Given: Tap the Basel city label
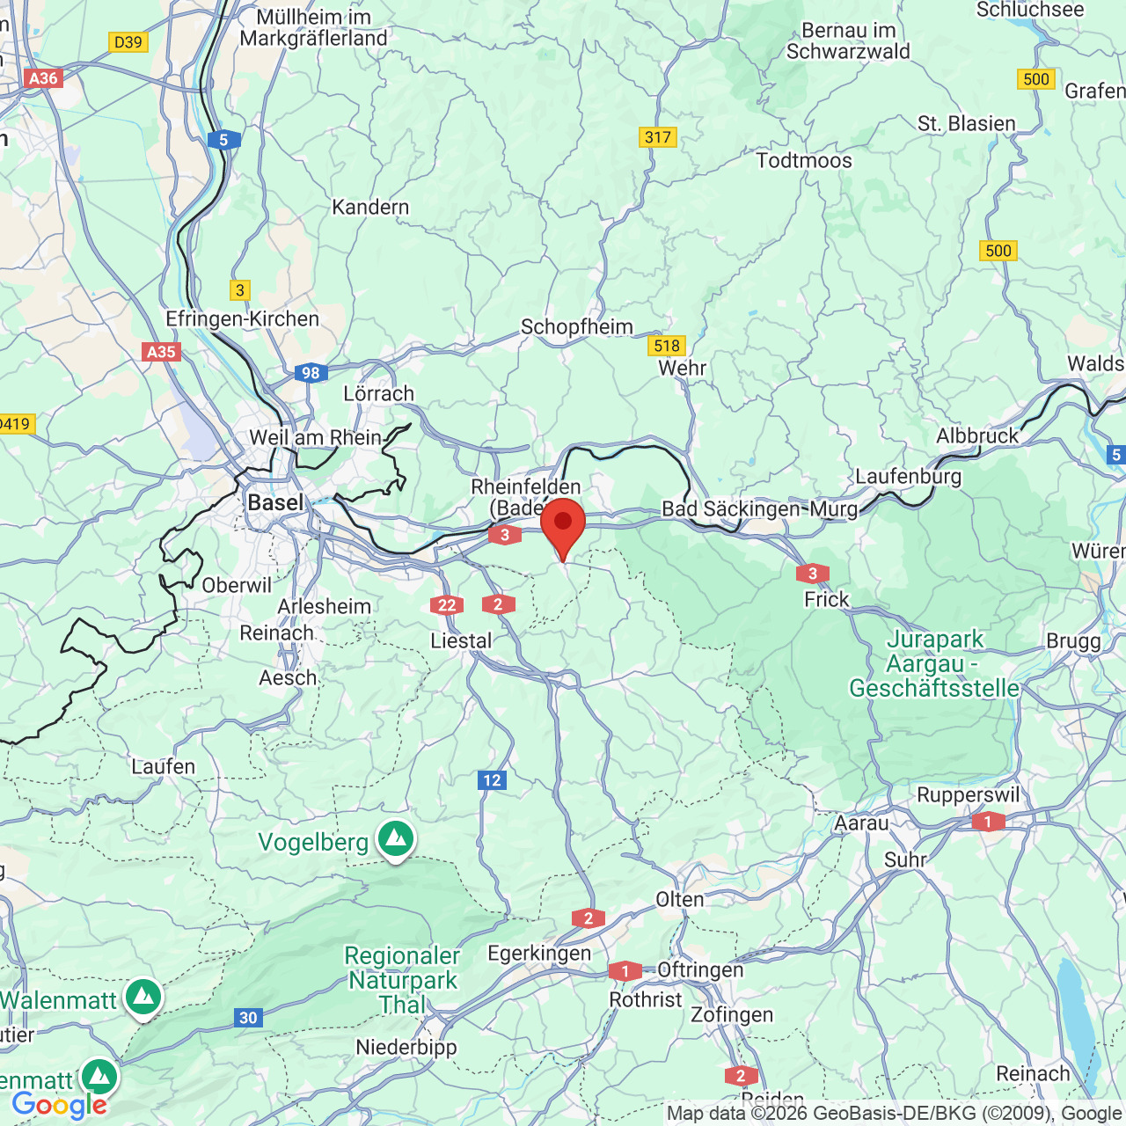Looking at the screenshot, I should (275, 502).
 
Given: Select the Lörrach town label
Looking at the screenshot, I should (378, 393).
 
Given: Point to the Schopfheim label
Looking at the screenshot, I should (576, 326).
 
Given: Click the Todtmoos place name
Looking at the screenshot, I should (804, 160).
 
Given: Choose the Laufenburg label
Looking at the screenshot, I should (908, 476).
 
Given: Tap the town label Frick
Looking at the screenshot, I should (826, 599).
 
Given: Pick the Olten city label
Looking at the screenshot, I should (679, 899).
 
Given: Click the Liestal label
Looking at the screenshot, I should (461, 640).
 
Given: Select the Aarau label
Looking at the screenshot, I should (861, 823).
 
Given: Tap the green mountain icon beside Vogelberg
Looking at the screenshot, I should (396, 839).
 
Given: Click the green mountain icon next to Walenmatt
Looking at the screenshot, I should (143, 998).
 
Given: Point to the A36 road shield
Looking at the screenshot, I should (43, 78).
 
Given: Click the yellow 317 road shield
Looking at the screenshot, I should (657, 136).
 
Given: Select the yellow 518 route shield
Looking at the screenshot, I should (667, 346).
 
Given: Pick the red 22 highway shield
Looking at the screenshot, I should (447, 604).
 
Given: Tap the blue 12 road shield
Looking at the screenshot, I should (492, 779).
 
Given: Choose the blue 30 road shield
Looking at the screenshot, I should (248, 1018).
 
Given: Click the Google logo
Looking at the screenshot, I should (59, 1105).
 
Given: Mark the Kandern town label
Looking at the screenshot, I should (370, 207).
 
